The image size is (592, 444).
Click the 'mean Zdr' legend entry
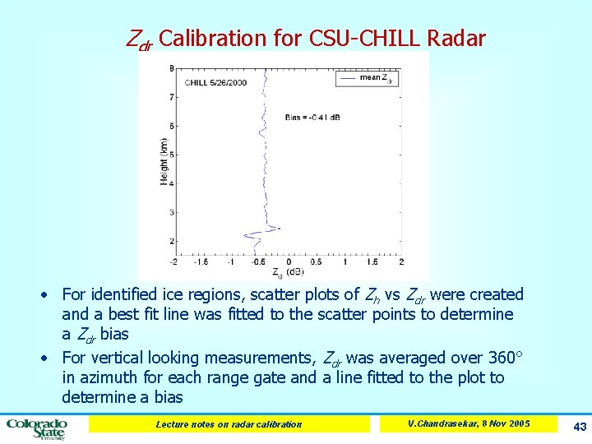374,79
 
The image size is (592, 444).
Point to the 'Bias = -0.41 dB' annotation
313,118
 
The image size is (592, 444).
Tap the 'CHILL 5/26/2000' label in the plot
215,83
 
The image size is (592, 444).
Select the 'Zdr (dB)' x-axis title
288,272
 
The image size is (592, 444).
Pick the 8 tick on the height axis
170,68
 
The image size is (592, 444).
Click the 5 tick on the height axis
170,155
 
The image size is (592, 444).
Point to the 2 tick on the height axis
170,241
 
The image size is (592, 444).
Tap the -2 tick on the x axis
173,261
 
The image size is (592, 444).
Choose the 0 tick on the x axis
288,261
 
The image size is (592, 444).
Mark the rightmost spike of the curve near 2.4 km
280,228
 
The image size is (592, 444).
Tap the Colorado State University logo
37,428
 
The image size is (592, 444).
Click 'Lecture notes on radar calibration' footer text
229,424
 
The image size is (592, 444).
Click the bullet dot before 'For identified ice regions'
51,295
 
